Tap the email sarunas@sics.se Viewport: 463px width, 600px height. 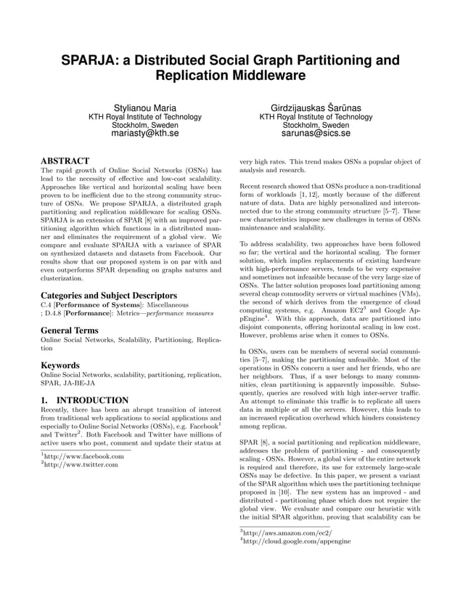(x=316, y=134)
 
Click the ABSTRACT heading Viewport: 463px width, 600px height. (x=65, y=161)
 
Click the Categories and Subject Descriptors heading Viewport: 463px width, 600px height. (x=109, y=296)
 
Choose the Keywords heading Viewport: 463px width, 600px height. (x=60, y=365)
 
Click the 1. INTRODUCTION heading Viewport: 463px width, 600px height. (x=84, y=400)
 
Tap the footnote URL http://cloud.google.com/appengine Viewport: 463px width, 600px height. (x=297, y=541)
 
